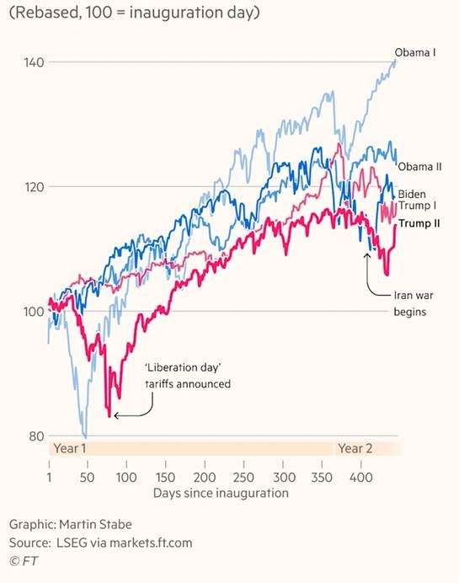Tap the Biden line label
412,194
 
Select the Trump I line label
415,207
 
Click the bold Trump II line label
418,223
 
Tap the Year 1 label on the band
71,447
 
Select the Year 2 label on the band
355,447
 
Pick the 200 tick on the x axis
205,477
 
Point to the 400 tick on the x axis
360,477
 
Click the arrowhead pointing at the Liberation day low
116,415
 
